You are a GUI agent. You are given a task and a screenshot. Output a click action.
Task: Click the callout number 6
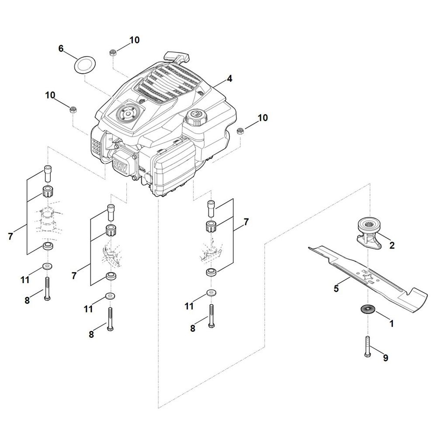pos(61,49)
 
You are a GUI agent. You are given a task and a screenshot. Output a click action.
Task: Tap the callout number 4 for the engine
pos(229,79)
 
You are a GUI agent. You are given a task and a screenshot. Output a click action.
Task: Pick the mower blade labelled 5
pos(368,279)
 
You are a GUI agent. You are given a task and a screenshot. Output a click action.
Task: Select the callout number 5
pos(336,288)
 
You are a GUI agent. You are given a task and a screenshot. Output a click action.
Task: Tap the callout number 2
pos(392,246)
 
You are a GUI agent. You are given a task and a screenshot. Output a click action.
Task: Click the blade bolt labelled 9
pos(368,347)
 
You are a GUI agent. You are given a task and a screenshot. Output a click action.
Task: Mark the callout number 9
pos(386,358)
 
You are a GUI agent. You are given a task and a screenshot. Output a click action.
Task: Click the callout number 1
pos(392,324)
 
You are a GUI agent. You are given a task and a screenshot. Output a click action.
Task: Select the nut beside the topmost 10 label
pos(113,53)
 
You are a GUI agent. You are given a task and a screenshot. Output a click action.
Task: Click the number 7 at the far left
pos(10,236)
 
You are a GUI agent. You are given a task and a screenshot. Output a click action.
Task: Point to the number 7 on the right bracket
pos(246,222)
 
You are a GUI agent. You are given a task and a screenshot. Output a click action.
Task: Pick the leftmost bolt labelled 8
pos(47,289)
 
